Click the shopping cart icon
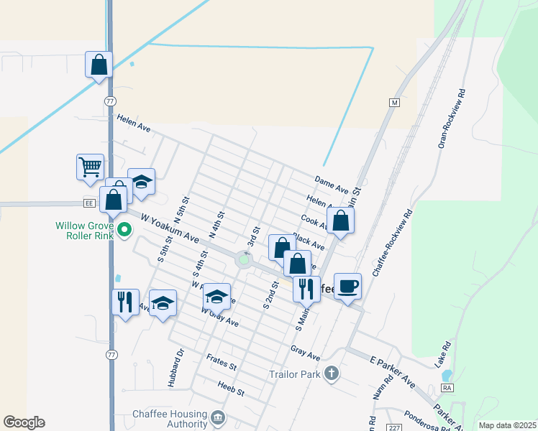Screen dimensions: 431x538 [90, 167]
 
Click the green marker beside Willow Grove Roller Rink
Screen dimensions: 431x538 [124, 231]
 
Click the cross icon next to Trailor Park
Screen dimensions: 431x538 [331, 373]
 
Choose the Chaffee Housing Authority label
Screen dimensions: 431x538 [170, 420]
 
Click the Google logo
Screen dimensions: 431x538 [24, 422]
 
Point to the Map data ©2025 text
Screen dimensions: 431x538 [506, 425]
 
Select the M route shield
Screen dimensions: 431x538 [394, 102]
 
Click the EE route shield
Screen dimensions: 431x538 [89, 204]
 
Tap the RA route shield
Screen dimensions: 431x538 [447, 388]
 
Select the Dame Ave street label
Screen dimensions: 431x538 [331, 185]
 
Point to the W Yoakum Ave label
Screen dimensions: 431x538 [169, 226]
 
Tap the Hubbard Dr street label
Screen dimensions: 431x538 [176, 368]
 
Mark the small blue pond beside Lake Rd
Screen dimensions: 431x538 [446, 375]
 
